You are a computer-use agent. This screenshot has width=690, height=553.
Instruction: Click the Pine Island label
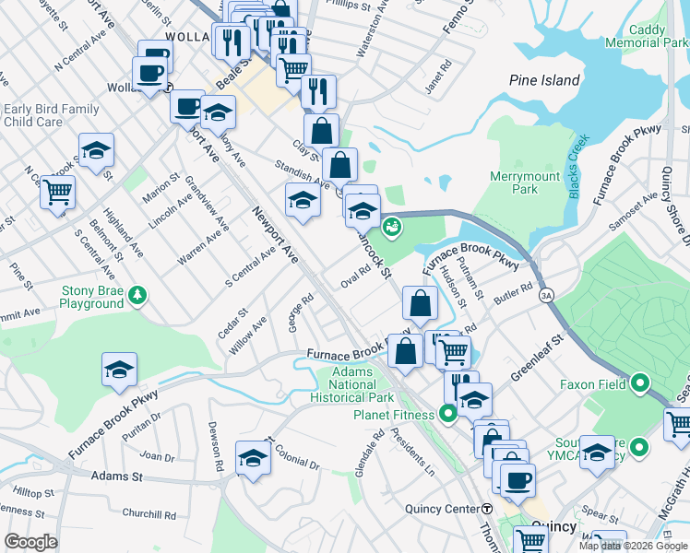(x=544, y=80)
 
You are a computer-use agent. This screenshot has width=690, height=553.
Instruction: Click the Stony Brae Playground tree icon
(x=137, y=295)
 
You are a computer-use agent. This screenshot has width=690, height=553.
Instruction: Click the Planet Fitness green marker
(x=447, y=414)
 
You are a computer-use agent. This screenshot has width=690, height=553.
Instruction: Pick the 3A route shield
(x=547, y=295)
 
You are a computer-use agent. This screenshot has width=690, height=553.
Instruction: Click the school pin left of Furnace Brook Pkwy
(x=119, y=370)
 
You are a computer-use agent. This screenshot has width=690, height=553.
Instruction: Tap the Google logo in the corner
(x=31, y=542)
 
